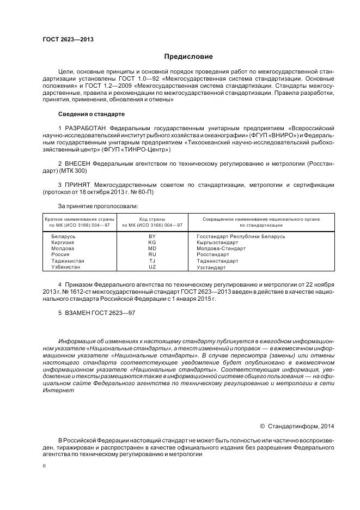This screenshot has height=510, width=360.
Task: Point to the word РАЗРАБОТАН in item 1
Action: [x=84, y=127]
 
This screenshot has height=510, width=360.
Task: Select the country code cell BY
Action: [x=152, y=236]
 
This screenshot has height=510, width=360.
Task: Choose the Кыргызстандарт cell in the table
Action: [x=216, y=242]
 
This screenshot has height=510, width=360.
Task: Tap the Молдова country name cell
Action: [x=62, y=248]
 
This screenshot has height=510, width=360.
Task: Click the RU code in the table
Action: [x=152, y=254]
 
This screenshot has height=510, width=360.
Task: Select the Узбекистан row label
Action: [x=65, y=267]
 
